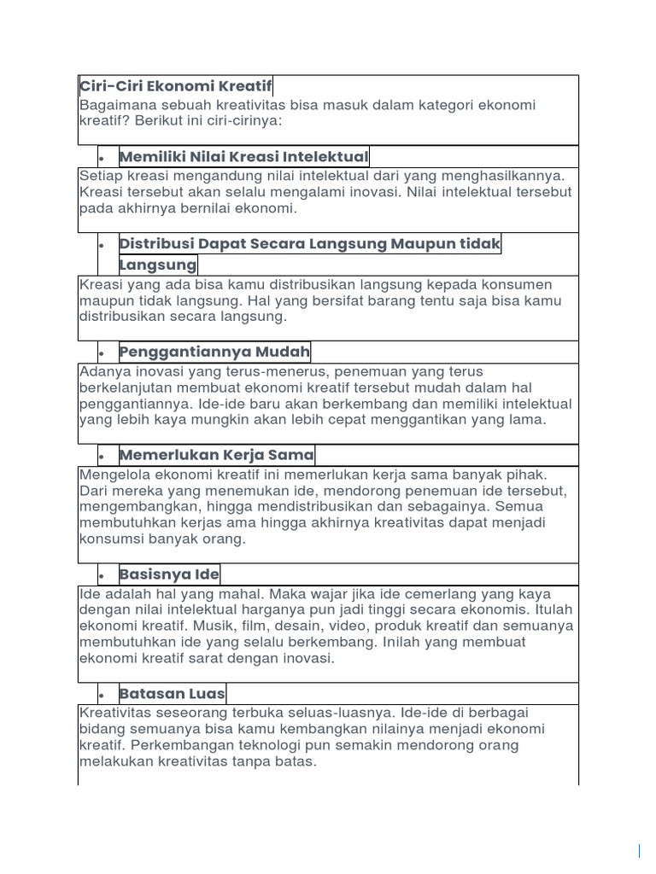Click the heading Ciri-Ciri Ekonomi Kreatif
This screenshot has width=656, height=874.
pyautogui.click(x=175, y=86)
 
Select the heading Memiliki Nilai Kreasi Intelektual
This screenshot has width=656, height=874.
pyautogui.click(x=243, y=156)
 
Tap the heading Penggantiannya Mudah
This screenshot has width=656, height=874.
pyautogui.click(x=214, y=352)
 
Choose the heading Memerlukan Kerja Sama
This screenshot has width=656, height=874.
pyautogui.click(x=217, y=455)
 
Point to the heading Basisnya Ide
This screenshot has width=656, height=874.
pyautogui.click(x=169, y=574)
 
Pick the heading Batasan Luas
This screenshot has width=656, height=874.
pyautogui.click(x=173, y=693)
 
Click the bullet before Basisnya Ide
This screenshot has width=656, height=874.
pyautogui.click(x=101, y=575)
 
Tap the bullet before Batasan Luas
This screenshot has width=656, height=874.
pyautogui.click(x=101, y=695)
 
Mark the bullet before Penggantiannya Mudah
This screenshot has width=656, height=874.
pyautogui.click(x=101, y=353)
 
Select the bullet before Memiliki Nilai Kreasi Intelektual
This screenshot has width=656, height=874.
pyautogui.click(x=101, y=158)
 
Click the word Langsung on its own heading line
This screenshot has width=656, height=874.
pyautogui.click(x=158, y=265)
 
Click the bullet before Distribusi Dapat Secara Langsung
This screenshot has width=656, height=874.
pyautogui.click(x=101, y=246)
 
